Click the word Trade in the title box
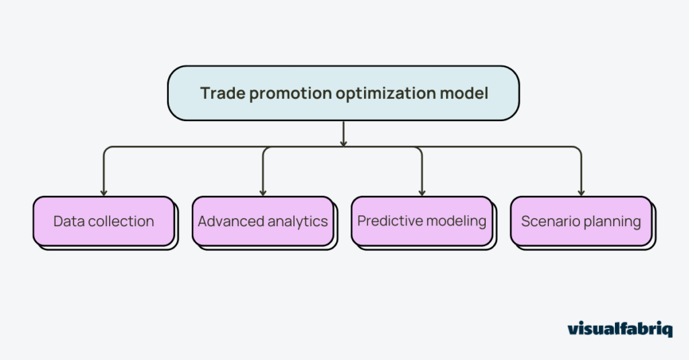coord(222,94)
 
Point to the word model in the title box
coord(467,94)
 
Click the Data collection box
coord(104,221)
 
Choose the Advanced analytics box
coord(263,221)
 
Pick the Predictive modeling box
coord(422,221)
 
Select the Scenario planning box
coord(581,221)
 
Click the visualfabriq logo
coord(620,329)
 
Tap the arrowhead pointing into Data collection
coord(104,192)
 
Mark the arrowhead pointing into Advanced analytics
coord(263,192)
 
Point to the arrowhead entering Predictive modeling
coord(422,192)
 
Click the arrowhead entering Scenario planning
coord(581,192)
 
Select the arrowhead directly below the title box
coord(343,143)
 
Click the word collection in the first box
coord(120,221)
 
